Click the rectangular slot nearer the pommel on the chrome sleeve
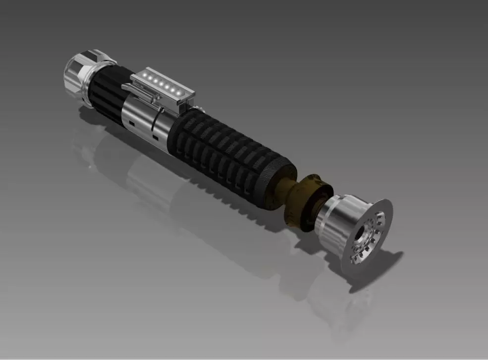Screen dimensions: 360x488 pos(131,122)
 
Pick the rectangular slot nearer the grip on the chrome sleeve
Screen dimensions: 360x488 pos(155,135)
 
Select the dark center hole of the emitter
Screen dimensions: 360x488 pos(368,232)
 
